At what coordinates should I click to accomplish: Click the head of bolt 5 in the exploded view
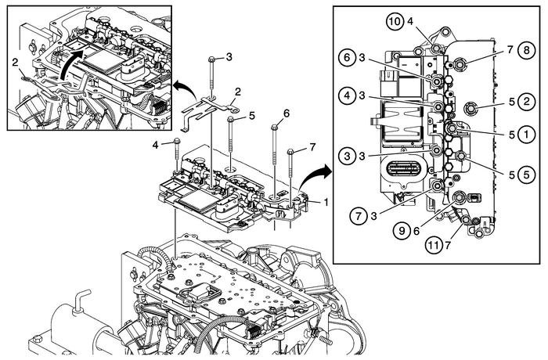pyautogui.click(x=231, y=120)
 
